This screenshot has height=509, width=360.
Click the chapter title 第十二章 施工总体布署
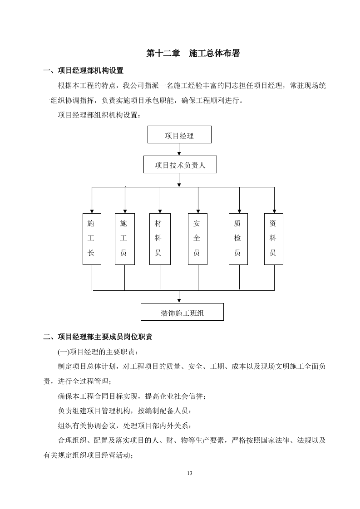point(192,54)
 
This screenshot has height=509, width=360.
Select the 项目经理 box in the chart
point(179,135)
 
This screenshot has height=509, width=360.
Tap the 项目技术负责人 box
point(180,165)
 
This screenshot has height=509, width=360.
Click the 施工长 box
point(92,239)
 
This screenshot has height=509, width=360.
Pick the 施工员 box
point(124,239)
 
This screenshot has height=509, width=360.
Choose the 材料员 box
point(160,239)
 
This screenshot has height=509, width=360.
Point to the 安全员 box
point(197,239)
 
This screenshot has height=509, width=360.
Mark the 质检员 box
point(238,239)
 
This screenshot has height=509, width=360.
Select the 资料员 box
point(273,239)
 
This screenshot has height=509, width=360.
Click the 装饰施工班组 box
point(182,312)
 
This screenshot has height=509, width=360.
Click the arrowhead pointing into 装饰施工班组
point(179,300)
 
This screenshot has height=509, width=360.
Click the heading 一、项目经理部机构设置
point(83,71)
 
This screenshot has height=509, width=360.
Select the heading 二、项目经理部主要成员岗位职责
point(97,337)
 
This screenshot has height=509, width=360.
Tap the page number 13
point(190,474)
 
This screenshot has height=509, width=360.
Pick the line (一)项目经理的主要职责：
point(97,352)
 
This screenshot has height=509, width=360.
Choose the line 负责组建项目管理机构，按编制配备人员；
point(125,411)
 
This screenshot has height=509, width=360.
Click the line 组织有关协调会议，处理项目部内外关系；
point(125,426)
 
